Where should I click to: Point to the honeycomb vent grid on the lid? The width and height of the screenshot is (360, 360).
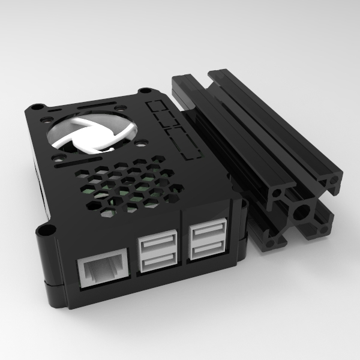point(129,183)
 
